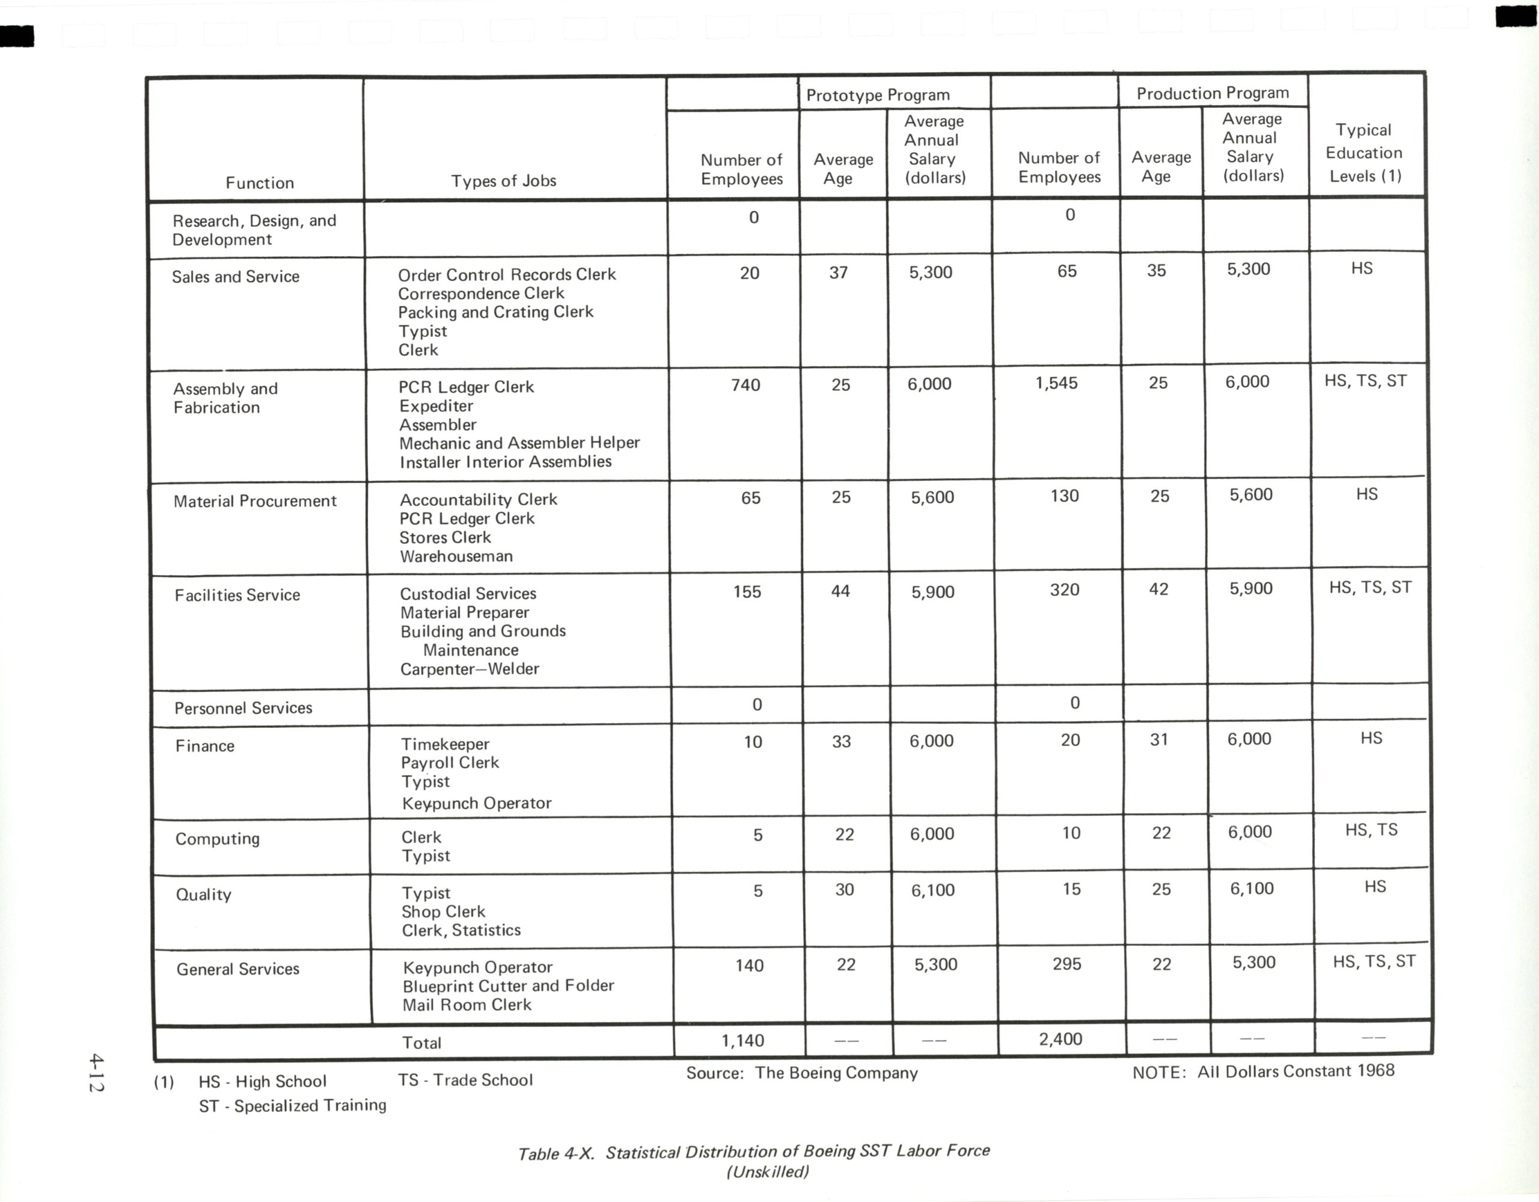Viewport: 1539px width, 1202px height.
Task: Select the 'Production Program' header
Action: click(x=1212, y=93)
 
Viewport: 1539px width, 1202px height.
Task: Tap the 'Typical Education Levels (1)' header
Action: click(x=1365, y=153)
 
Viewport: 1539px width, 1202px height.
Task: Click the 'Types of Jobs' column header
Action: click(x=503, y=181)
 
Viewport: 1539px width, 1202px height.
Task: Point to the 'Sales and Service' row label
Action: click(x=236, y=276)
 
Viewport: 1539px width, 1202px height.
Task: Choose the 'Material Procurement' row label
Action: click(x=254, y=501)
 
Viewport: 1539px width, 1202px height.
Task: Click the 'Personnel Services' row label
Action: click(x=243, y=708)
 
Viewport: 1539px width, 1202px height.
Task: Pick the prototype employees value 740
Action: click(x=745, y=385)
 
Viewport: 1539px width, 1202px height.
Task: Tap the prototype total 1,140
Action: click(x=742, y=1041)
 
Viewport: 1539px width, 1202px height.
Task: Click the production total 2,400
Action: click(x=1060, y=1039)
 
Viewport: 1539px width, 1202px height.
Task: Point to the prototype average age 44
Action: click(x=840, y=591)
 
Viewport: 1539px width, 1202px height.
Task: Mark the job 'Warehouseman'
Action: click(x=456, y=556)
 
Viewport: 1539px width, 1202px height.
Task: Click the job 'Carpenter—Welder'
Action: click(x=470, y=669)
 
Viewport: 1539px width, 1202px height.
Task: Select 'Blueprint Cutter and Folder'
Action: click(x=508, y=985)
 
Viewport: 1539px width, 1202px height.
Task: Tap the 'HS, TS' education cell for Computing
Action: click(x=1371, y=830)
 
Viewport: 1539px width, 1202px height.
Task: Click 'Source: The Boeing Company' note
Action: click(x=801, y=1073)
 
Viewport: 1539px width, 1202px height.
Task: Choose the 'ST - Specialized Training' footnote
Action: click(x=292, y=1105)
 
